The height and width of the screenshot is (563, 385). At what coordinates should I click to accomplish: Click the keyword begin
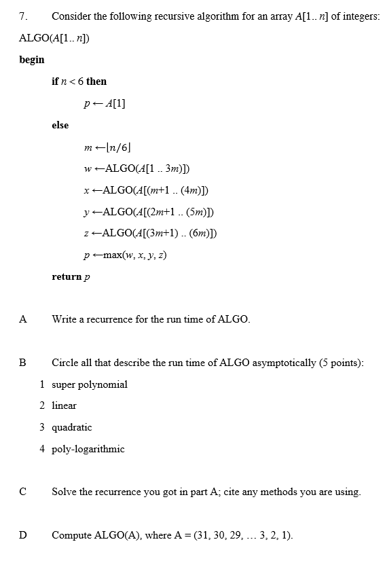pos(32,60)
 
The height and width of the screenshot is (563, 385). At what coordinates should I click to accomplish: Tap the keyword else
pos(60,125)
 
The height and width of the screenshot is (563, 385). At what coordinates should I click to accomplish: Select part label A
pos(23,319)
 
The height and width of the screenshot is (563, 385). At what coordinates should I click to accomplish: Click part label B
pos(23,363)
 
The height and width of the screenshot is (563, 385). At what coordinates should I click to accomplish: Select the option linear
pos(64,406)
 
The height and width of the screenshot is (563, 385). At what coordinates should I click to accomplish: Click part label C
pos(23,492)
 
